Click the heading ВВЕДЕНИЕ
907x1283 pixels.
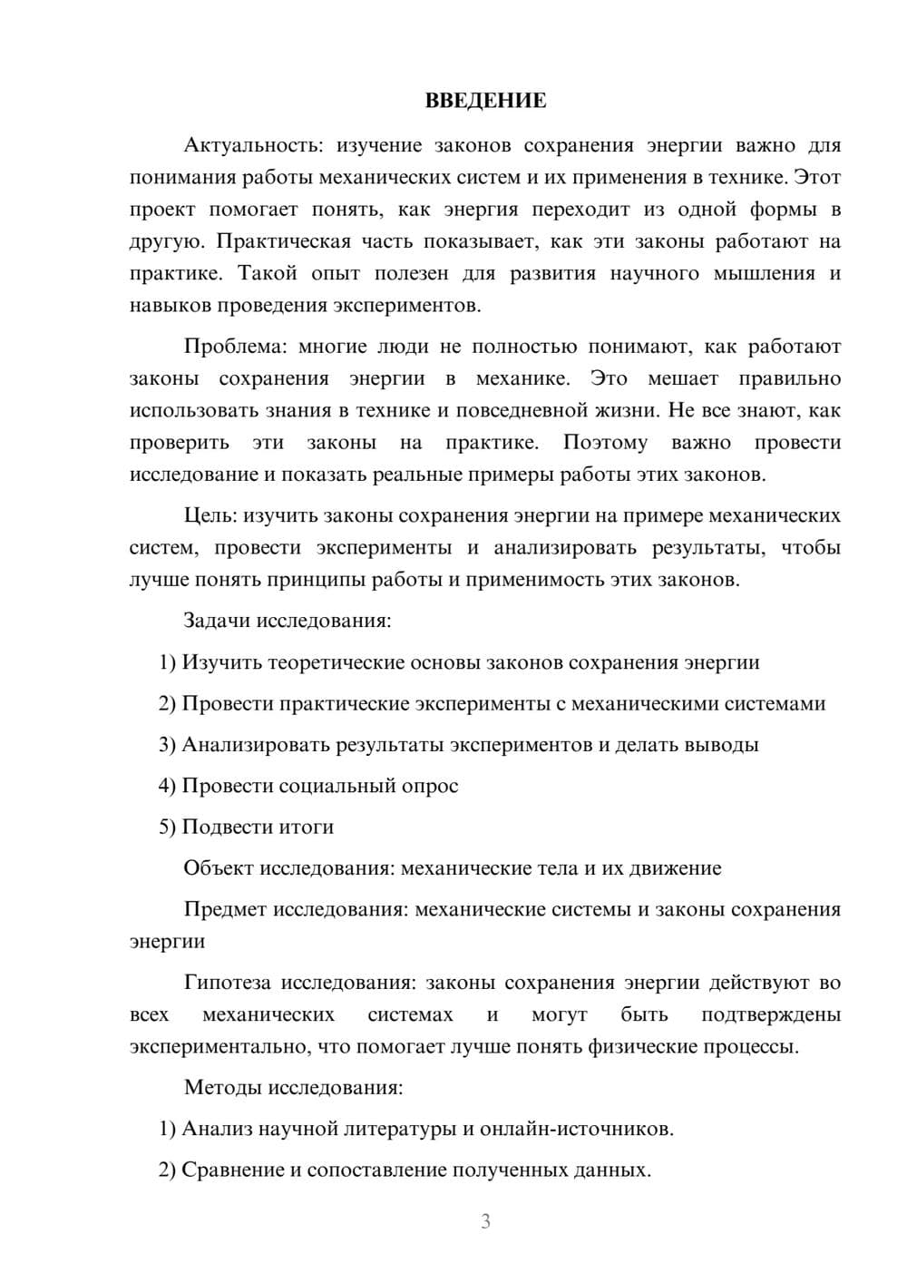coord(485,101)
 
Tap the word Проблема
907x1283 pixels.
coord(236,347)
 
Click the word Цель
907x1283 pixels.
coord(210,515)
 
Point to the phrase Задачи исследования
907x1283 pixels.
coord(287,621)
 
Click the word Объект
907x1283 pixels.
coord(219,868)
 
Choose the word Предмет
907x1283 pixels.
coord(225,909)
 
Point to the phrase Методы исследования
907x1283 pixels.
coord(293,1087)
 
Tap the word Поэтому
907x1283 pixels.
coord(605,443)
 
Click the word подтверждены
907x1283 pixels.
coord(770,1014)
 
